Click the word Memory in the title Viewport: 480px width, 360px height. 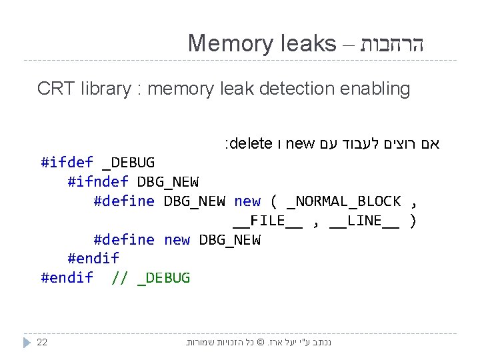point(227,43)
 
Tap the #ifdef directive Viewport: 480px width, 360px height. point(67,163)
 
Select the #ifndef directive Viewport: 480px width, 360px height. point(97,182)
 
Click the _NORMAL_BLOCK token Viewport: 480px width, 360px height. point(343,201)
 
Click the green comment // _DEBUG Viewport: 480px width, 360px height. point(151,278)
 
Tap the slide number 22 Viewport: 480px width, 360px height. point(42,342)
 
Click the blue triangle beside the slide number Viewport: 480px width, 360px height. point(27,342)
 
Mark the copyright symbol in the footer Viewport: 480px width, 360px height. point(261,342)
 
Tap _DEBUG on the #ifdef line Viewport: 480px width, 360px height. point(129,163)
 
